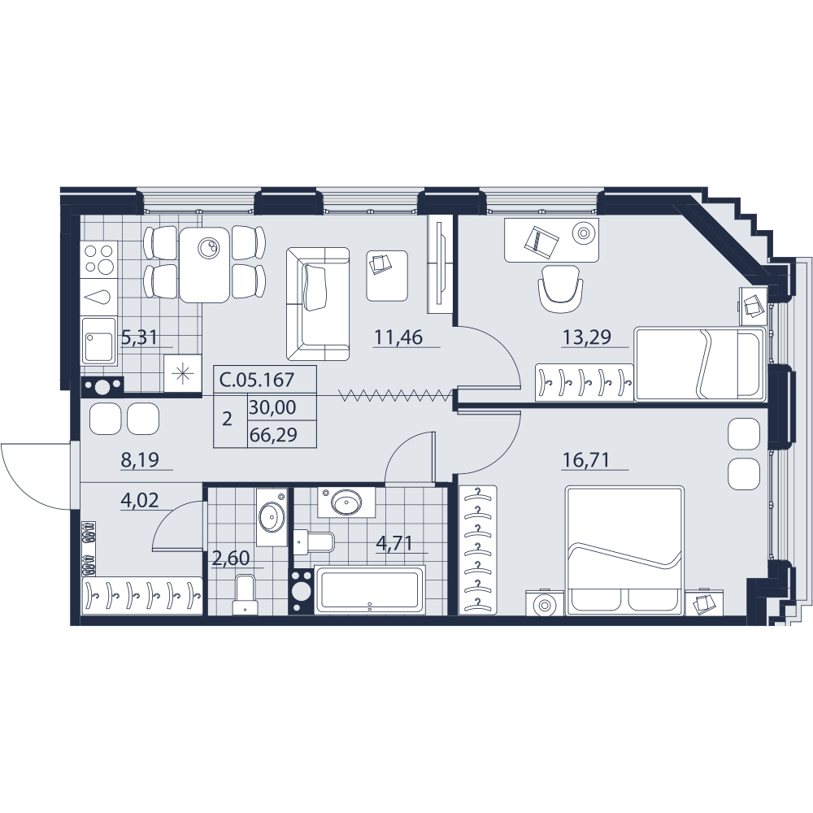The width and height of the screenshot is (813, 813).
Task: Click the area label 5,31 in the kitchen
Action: point(139,338)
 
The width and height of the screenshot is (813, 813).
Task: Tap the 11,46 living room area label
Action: point(398,337)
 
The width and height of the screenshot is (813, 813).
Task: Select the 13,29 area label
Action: point(587,337)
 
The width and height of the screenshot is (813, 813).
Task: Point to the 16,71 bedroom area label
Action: point(587,459)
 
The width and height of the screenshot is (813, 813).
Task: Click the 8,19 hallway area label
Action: point(140,459)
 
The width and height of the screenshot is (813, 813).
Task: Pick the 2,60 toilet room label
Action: point(231,559)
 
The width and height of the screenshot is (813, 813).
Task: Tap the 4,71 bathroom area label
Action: point(394,543)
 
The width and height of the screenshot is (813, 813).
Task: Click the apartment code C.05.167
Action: point(264,380)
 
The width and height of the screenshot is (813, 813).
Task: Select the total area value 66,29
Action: point(273,434)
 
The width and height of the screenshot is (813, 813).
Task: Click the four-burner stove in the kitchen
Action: point(99,259)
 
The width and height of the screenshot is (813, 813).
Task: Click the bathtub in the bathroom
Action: point(370,590)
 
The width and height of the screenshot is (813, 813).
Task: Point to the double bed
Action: point(624,550)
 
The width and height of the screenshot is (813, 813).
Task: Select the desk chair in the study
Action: point(560,289)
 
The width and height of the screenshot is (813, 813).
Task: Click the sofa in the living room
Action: point(318,304)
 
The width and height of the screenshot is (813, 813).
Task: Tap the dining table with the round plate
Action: point(204,264)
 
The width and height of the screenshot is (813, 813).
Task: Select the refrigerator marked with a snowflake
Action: point(182,373)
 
